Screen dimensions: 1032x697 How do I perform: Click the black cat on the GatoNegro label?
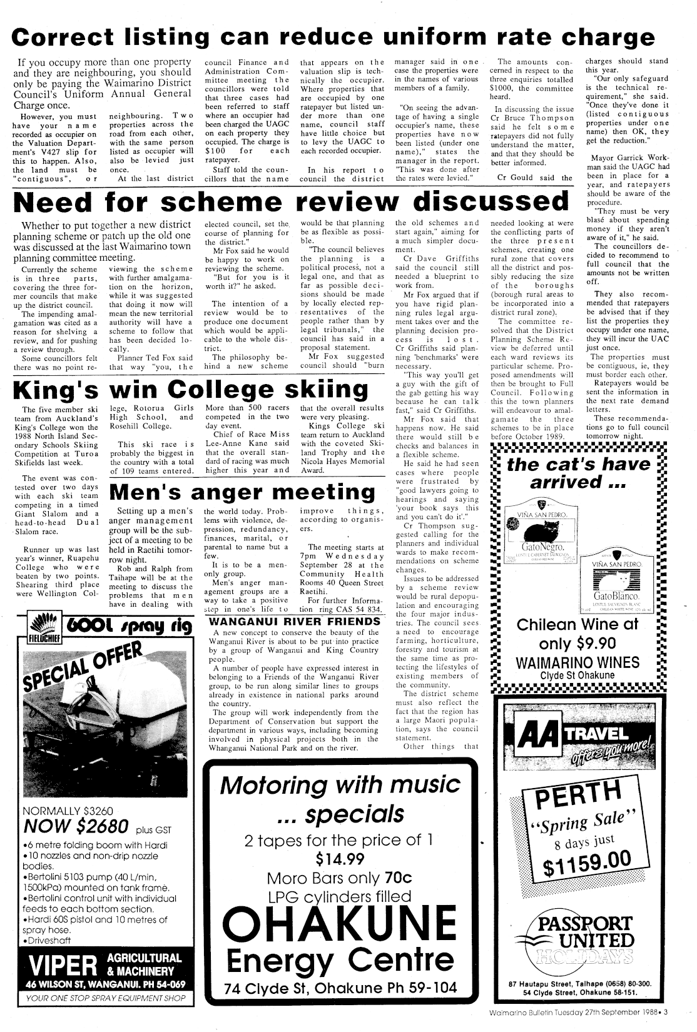point(541,534)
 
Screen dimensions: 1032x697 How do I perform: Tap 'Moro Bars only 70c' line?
point(340,877)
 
